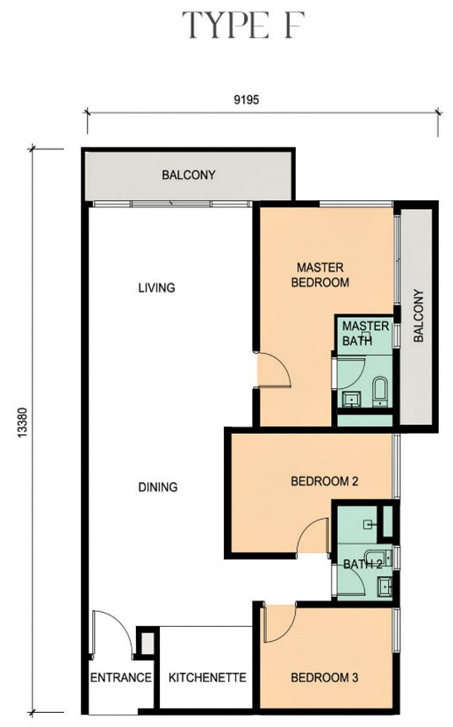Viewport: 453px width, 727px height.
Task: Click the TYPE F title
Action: pos(243,25)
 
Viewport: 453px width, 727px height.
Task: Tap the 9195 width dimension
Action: pos(246,99)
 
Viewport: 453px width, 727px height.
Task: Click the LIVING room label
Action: pos(156,288)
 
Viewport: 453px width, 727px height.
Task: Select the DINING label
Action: pos(158,487)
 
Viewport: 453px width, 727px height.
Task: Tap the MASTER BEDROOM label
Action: pos(320,275)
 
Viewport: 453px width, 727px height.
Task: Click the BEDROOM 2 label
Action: pos(324,481)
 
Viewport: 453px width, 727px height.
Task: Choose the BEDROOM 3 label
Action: pos(324,677)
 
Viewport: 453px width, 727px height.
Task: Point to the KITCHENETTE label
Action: pos(207,677)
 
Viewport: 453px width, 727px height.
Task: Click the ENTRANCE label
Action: pos(121,677)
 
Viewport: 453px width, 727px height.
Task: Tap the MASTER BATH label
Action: pos(366,334)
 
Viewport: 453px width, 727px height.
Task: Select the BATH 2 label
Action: pos(363,564)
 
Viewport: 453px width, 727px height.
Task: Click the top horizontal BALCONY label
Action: pos(188,175)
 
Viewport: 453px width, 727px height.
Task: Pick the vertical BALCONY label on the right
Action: pos(419,316)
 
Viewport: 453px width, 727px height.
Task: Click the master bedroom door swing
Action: pos(274,369)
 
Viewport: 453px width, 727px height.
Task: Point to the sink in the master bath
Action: pos(352,399)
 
